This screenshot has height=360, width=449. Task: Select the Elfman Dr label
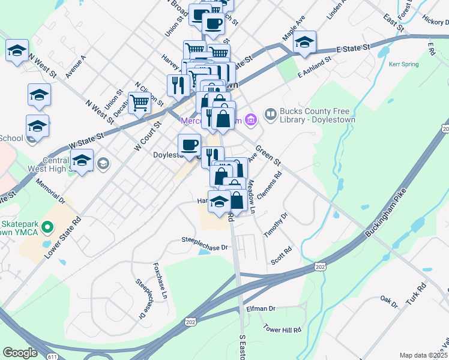[261, 308]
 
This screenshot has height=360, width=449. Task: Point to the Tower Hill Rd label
[282, 329]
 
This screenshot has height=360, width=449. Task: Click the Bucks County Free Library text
[318, 116]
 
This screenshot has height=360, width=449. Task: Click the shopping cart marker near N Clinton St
[139, 101]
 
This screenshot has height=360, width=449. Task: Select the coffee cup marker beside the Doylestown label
[190, 145]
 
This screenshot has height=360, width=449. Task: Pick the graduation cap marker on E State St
[305, 42]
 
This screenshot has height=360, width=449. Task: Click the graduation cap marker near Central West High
[82, 160]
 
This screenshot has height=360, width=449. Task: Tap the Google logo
[20, 353]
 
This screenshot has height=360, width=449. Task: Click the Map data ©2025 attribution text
[423, 355]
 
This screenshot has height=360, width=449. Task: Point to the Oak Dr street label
[389, 301]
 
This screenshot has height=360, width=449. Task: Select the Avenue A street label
[76, 67]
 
